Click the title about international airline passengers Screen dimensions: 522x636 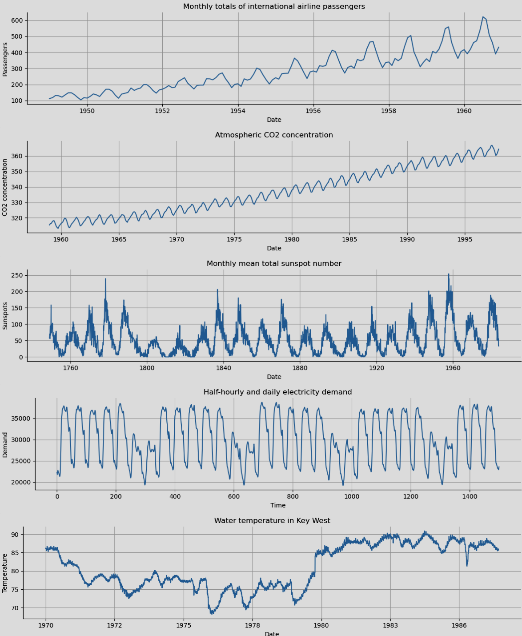pos(274,6)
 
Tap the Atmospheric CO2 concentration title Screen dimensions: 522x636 pos(274,135)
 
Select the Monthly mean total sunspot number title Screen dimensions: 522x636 pos(274,263)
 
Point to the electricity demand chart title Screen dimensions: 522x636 pos(277,392)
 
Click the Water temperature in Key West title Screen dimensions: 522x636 pos(272,520)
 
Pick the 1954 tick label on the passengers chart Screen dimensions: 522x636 pos(238,111)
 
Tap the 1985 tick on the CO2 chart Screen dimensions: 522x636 pos(349,239)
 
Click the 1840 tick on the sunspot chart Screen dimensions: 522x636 pos(224,368)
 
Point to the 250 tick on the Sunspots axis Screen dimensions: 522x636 pos(17,275)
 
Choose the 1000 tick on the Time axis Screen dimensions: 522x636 pos(352,496)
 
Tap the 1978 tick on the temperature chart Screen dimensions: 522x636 pos(253,625)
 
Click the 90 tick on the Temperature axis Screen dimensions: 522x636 pos(15,534)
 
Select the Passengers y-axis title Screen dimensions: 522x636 pos(5,60)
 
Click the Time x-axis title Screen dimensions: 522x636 pos(278,505)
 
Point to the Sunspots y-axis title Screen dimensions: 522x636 pos(5,315)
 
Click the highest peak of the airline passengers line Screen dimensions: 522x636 pos(483,17)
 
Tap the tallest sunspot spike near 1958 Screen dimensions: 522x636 pos(449,274)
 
